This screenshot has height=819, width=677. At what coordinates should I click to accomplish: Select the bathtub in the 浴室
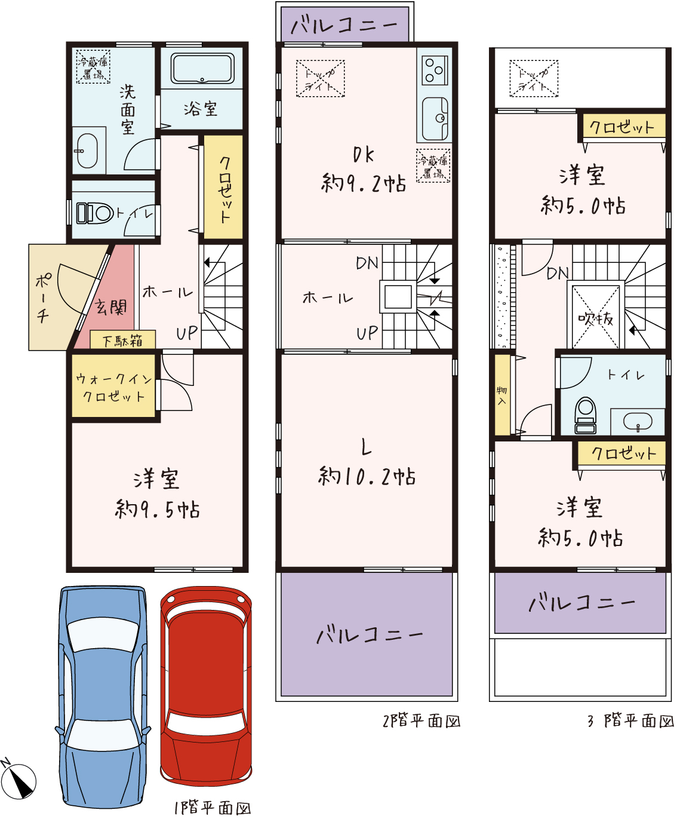coord(202,68)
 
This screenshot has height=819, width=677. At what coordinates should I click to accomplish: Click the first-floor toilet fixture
coord(94,213)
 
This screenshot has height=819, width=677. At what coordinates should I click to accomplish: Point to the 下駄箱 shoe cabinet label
coord(123,341)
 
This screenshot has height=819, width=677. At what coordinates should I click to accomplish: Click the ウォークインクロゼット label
coord(113,388)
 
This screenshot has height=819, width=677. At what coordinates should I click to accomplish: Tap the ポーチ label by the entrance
coord(43,297)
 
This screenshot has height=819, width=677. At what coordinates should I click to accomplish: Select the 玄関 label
coord(111,307)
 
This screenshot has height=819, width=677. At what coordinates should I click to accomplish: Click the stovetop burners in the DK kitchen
coord(435,70)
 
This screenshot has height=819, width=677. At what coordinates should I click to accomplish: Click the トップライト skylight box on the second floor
coord(320,78)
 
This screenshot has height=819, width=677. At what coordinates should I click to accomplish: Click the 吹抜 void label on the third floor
coord(595,318)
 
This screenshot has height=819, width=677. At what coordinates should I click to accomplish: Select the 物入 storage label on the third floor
coord(501,395)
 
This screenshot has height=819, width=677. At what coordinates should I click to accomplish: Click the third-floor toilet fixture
coord(585,415)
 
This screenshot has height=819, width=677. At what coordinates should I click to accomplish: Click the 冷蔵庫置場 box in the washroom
coord(93,67)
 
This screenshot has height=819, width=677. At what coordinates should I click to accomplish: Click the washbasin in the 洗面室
coord(87,151)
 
